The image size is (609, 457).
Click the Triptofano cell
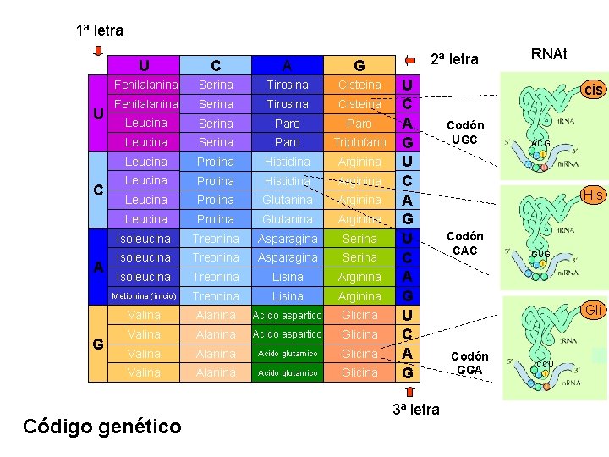click(x=359, y=142)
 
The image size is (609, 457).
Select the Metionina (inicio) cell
click(x=145, y=296)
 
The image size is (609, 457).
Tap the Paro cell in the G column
click(x=359, y=124)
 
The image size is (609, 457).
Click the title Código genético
click(x=101, y=426)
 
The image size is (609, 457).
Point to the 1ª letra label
click(x=99, y=30)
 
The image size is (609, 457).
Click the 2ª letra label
click(x=454, y=59)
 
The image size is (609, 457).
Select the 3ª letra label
click(x=415, y=410)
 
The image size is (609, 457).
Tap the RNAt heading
click(x=549, y=55)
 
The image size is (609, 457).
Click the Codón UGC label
click(x=465, y=132)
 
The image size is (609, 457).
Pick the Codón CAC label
click(x=465, y=244)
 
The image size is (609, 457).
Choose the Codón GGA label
click(x=468, y=363)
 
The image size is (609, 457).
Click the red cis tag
click(x=594, y=89)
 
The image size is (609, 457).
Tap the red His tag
click(x=593, y=195)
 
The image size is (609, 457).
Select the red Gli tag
click(x=594, y=311)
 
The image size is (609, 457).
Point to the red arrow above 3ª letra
click(x=409, y=392)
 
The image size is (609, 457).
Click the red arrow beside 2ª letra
click(x=411, y=59)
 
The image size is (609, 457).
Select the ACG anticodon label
click(x=540, y=144)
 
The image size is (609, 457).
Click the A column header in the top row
click(x=288, y=65)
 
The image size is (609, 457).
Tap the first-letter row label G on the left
click(x=99, y=344)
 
